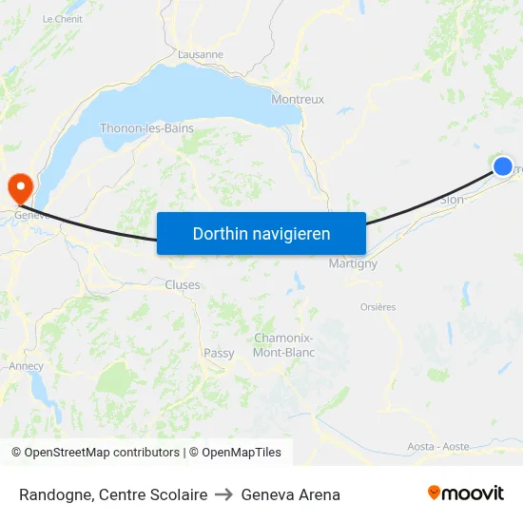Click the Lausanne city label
[200, 54]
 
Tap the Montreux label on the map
[298, 99]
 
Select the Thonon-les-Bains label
[147, 128]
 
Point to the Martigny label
[353, 263]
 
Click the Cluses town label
[183, 284]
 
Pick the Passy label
[219, 353]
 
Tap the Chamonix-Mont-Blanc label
[284, 345]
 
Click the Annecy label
[26, 365]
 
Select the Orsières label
[378, 307]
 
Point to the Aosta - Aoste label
[438, 446]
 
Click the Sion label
[453, 200]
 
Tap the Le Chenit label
[63, 19]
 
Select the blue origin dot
[503, 166]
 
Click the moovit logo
[466, 494]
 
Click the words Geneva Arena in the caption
[290, 494]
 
